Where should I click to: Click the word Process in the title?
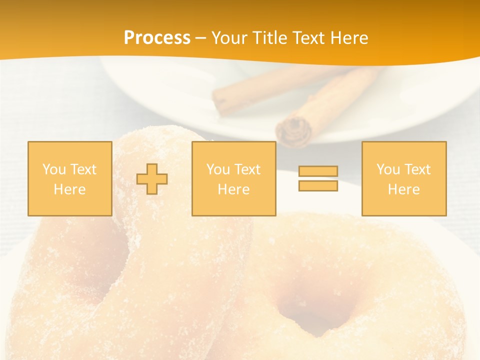[157, 38]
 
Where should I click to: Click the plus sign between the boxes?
[152, 178]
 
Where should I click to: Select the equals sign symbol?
[318, 178]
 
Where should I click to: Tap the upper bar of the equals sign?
[318, 171]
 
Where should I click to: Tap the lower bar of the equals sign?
[318, 185]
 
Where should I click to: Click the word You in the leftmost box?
[53, 169]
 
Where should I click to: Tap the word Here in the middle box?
[233, 189]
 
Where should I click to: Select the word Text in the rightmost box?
[418, 169]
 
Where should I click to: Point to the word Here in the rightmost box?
[403, 189]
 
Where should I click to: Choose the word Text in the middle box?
[248, 169]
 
